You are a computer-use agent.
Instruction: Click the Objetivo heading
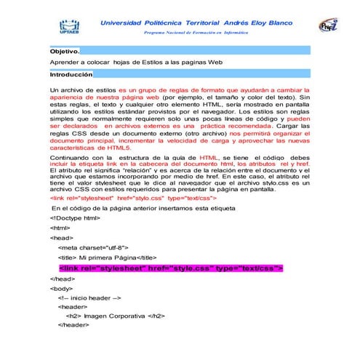[x=64, y=52]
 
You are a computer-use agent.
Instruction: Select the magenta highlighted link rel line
[x=170, y=268]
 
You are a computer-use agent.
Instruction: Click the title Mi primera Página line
[x=107, y=258]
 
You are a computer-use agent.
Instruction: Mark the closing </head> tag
[x=62, y=279]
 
